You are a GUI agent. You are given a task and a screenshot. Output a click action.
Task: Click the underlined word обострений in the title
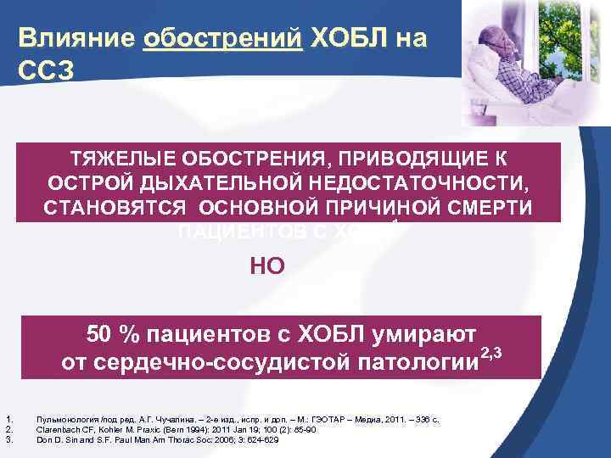pyautogui.click(x=223, y=39)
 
